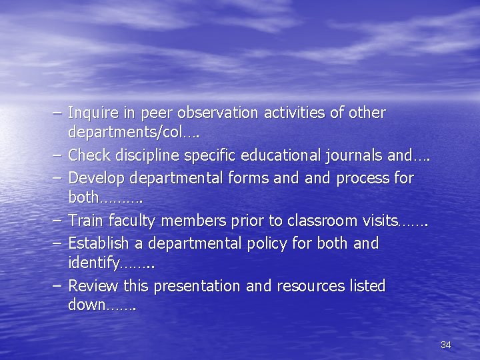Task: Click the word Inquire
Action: coord(90,113)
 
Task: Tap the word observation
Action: coord(203,113)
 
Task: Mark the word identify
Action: coord(93,264)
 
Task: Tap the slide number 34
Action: coord(446,345)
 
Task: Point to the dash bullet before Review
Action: coord(57,287)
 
